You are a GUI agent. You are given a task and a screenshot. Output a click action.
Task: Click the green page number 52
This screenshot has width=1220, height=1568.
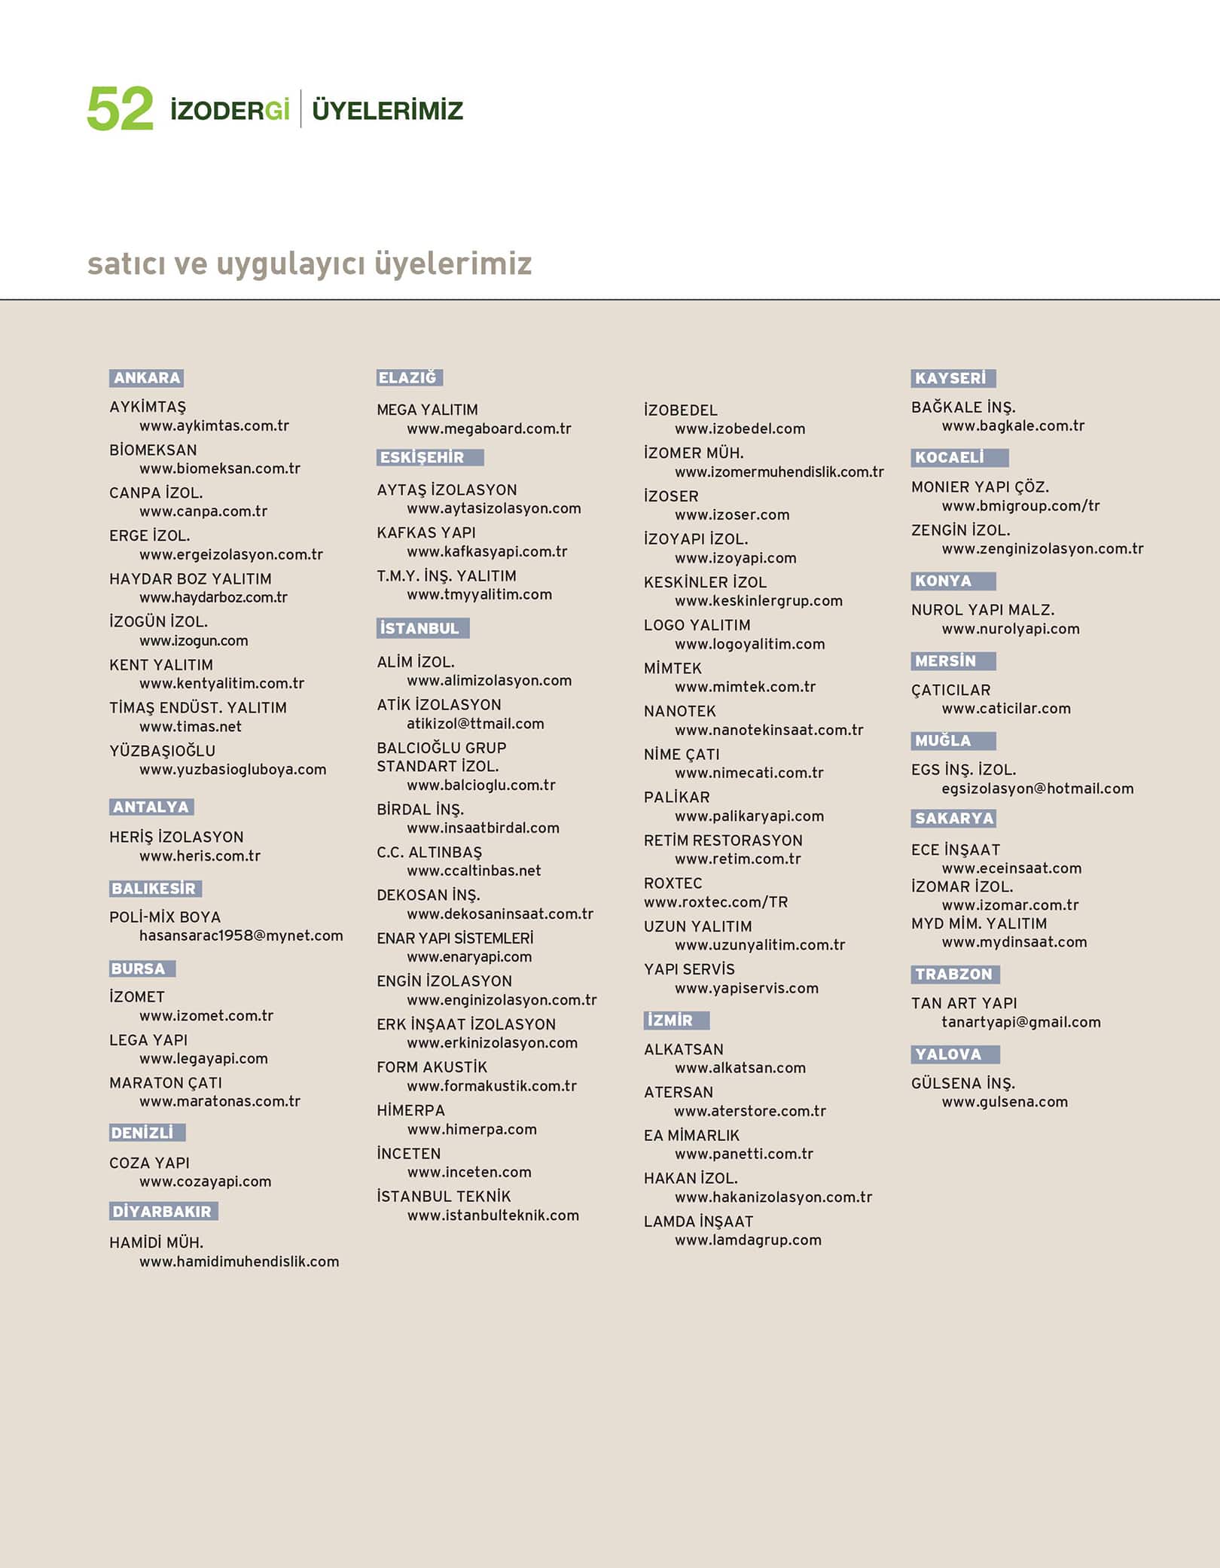120,110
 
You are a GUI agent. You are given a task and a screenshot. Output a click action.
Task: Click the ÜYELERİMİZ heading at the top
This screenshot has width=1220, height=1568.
387,111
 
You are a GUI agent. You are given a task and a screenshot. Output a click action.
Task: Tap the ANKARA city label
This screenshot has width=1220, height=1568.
147,378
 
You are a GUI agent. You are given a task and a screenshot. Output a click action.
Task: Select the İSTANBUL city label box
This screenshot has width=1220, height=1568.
422,628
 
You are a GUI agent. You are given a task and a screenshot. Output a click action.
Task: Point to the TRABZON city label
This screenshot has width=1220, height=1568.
954,975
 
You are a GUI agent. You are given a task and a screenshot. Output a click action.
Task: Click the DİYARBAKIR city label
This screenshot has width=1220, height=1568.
163,1212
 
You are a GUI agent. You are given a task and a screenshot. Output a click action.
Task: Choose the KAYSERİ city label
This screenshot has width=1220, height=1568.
953,378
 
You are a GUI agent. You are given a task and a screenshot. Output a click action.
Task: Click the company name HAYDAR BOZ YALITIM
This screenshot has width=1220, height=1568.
191,579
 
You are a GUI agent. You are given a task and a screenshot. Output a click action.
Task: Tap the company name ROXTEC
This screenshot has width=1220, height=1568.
673,883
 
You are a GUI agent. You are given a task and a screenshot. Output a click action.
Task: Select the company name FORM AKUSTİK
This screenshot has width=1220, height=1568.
432,1067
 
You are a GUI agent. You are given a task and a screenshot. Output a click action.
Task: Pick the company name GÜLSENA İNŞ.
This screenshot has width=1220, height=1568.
963,1084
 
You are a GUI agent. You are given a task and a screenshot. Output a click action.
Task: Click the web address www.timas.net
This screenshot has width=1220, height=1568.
191,727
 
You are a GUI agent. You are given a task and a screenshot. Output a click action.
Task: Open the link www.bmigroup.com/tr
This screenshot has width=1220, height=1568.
1020,506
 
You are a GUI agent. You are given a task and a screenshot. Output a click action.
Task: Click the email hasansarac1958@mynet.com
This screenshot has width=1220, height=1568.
241,936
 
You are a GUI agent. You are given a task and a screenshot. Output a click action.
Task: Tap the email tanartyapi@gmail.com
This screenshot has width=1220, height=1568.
1020,1022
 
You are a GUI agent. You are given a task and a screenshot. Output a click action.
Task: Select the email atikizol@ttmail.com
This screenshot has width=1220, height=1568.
475,724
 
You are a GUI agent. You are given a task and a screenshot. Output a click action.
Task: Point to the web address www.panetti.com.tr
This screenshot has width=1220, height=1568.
744,1154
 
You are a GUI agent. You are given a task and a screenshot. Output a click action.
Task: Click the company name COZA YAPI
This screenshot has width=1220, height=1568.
149,1163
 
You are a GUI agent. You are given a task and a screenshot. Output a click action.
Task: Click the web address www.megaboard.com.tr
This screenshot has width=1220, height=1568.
489,429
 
